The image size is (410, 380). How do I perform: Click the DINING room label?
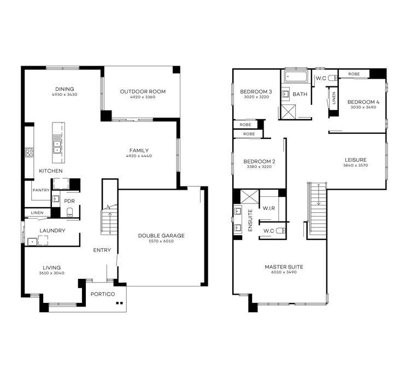tap(65, 89)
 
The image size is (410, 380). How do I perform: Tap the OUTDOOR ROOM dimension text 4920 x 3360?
tap(142, 97)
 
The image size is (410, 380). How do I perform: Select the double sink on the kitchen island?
tap(56, 146)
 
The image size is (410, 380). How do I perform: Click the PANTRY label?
tap(41, 190)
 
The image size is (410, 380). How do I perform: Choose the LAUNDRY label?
tap(52, 231)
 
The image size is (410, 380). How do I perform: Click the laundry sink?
tap(32, 241)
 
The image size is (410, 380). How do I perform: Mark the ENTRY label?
tap(102, 250)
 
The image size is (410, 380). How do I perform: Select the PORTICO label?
tap(103, 294)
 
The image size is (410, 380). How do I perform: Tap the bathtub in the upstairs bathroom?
tap(296, 77)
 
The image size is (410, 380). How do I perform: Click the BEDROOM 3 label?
tap(256, 91)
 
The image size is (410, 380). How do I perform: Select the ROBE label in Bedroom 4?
tap(354, 73)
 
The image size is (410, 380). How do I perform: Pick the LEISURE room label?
tap(355, 160)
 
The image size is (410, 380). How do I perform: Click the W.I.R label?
tap(268, 208)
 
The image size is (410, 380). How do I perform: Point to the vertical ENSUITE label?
tap(251, 220)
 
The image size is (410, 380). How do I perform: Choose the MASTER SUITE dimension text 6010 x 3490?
tap(284, 272)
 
